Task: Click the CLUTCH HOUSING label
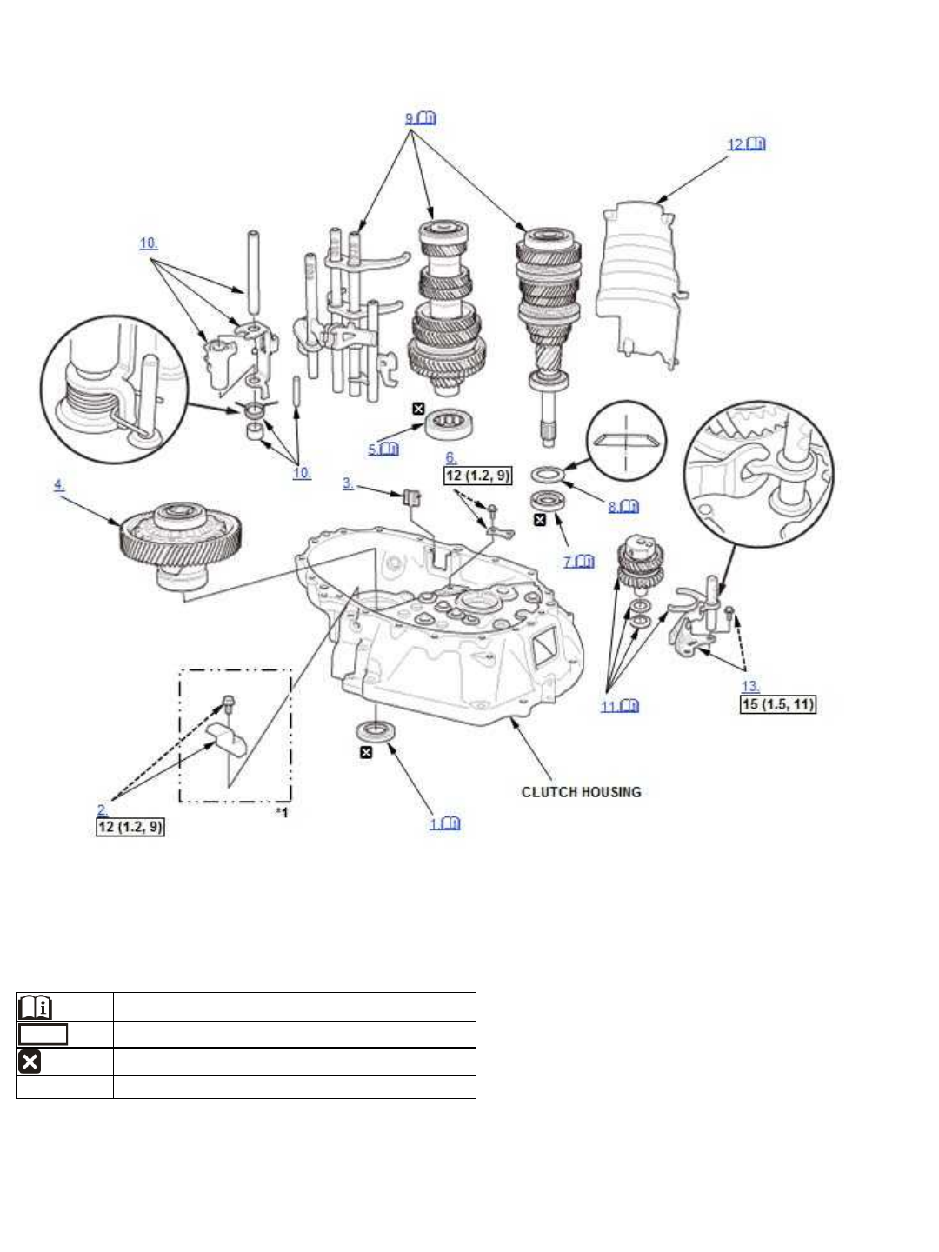point(581,792)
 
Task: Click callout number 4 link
point(59,485)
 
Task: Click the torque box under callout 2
point(130,826)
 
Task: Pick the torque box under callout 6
point(477,476)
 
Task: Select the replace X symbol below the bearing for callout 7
point(539,520)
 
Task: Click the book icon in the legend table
point(36,1008)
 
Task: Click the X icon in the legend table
point(30,1062)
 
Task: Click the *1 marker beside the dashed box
point(282,813)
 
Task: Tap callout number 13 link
point(749,687)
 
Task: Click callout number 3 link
point(348,484)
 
